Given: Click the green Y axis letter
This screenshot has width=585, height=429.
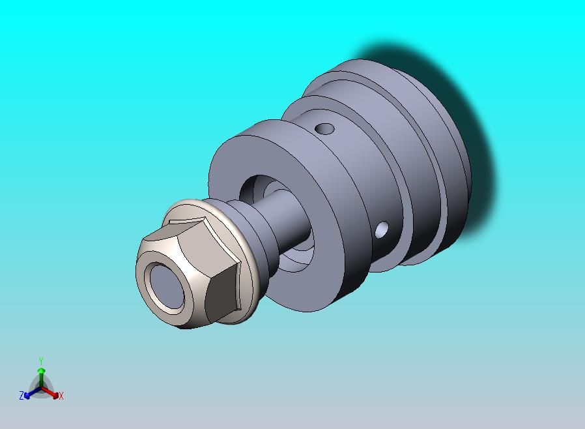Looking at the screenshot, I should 41,361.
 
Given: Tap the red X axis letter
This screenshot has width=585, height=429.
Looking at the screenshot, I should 61,396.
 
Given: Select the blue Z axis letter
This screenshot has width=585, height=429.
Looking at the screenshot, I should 21,396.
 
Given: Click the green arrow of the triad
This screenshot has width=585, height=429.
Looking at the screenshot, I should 41,374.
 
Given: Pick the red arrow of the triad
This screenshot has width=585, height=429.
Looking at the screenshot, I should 53,393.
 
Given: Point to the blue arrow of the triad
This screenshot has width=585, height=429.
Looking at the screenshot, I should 29,393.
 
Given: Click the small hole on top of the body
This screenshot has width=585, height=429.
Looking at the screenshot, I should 324,128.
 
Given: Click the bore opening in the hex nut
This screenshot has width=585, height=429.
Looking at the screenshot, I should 167,287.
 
